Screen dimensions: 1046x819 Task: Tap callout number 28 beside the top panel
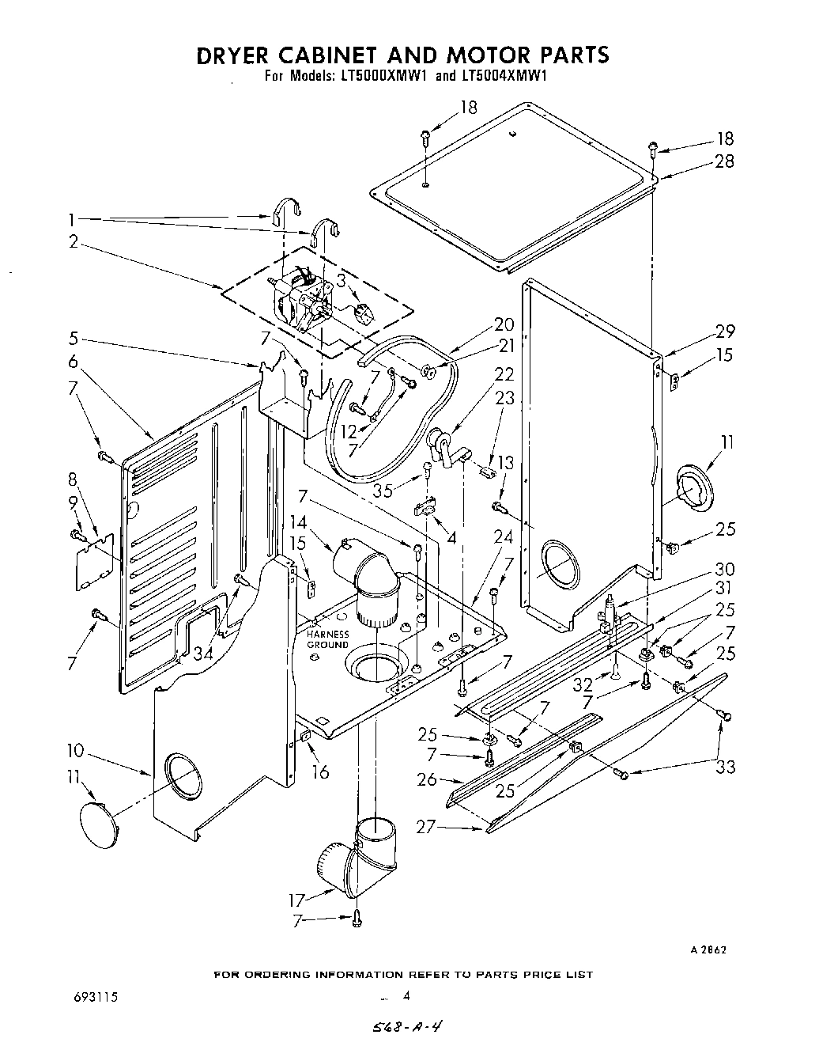723,161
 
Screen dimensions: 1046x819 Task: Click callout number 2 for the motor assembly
74,242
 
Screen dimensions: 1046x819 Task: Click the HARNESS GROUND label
327,639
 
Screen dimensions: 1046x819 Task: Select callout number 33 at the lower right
725,766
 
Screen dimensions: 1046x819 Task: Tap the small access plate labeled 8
93,561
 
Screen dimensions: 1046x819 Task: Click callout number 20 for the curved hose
504,324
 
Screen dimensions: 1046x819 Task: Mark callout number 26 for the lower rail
426,779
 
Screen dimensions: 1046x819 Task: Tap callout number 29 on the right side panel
725,332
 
